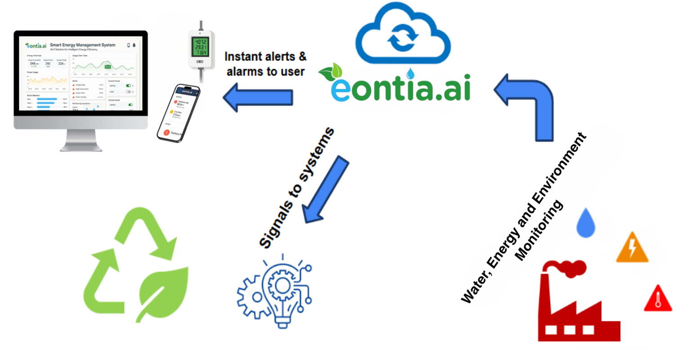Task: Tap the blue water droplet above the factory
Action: (586, 222)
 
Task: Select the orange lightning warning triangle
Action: (632, 248)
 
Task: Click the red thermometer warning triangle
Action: (658, 299)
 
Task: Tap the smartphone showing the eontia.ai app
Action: (178, 112)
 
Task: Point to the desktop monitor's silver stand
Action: (81, 140)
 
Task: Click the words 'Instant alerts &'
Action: (265, 57)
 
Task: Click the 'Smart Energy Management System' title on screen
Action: (83, 45)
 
